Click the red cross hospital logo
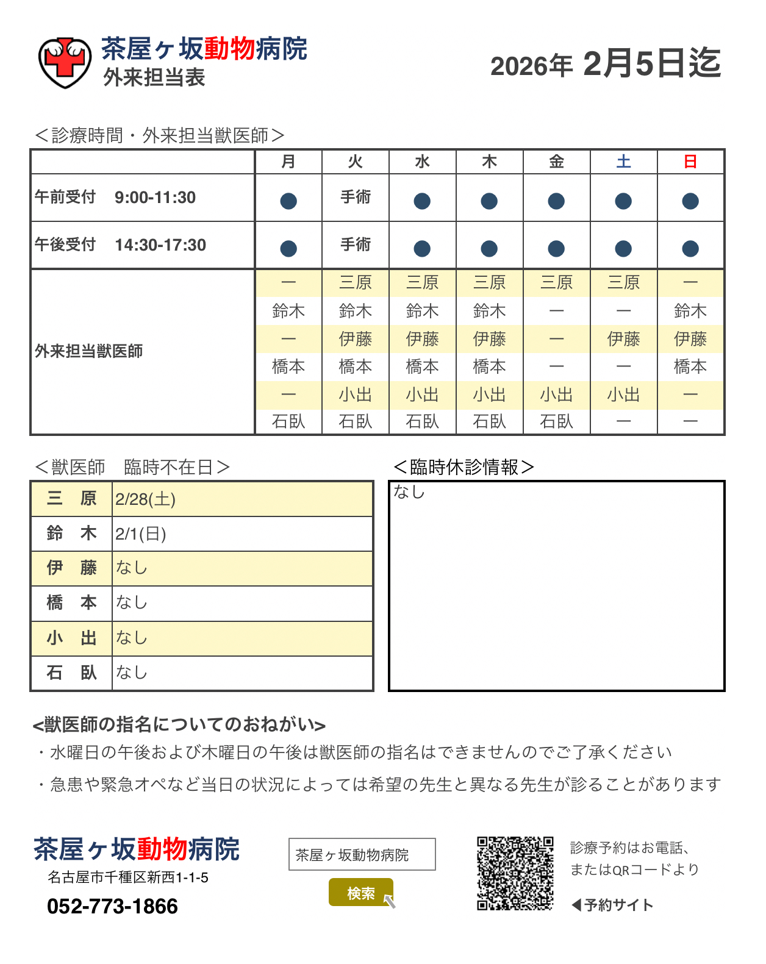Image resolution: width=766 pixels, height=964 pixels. point(65,62)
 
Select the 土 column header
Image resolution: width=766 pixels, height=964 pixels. point(623,162)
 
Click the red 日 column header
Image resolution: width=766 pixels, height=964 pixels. point(690,162)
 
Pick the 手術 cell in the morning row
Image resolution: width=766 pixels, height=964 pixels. point(356,197)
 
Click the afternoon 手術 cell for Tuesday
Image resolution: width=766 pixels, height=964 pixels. point(356,245)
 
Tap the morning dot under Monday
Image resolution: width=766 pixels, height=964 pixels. point(288,201)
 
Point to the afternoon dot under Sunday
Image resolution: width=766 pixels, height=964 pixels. point(690,249)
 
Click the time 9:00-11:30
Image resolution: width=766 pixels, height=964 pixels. point(155,198)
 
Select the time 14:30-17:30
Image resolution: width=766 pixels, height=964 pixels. point(160,245)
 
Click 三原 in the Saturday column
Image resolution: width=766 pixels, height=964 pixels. point(623,282)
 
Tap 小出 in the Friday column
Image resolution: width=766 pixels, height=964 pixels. point(556,395)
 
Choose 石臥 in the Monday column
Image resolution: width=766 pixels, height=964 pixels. point(288,421)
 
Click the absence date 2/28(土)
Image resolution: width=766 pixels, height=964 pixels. point(145,499)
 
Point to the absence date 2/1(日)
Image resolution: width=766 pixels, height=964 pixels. point(141,534)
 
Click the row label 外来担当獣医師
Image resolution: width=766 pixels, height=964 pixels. point(89,351)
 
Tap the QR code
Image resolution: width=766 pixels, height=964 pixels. point(515,873)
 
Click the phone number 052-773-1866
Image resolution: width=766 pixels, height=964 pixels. point(112,906)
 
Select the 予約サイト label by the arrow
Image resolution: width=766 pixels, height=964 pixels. point(618,905)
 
